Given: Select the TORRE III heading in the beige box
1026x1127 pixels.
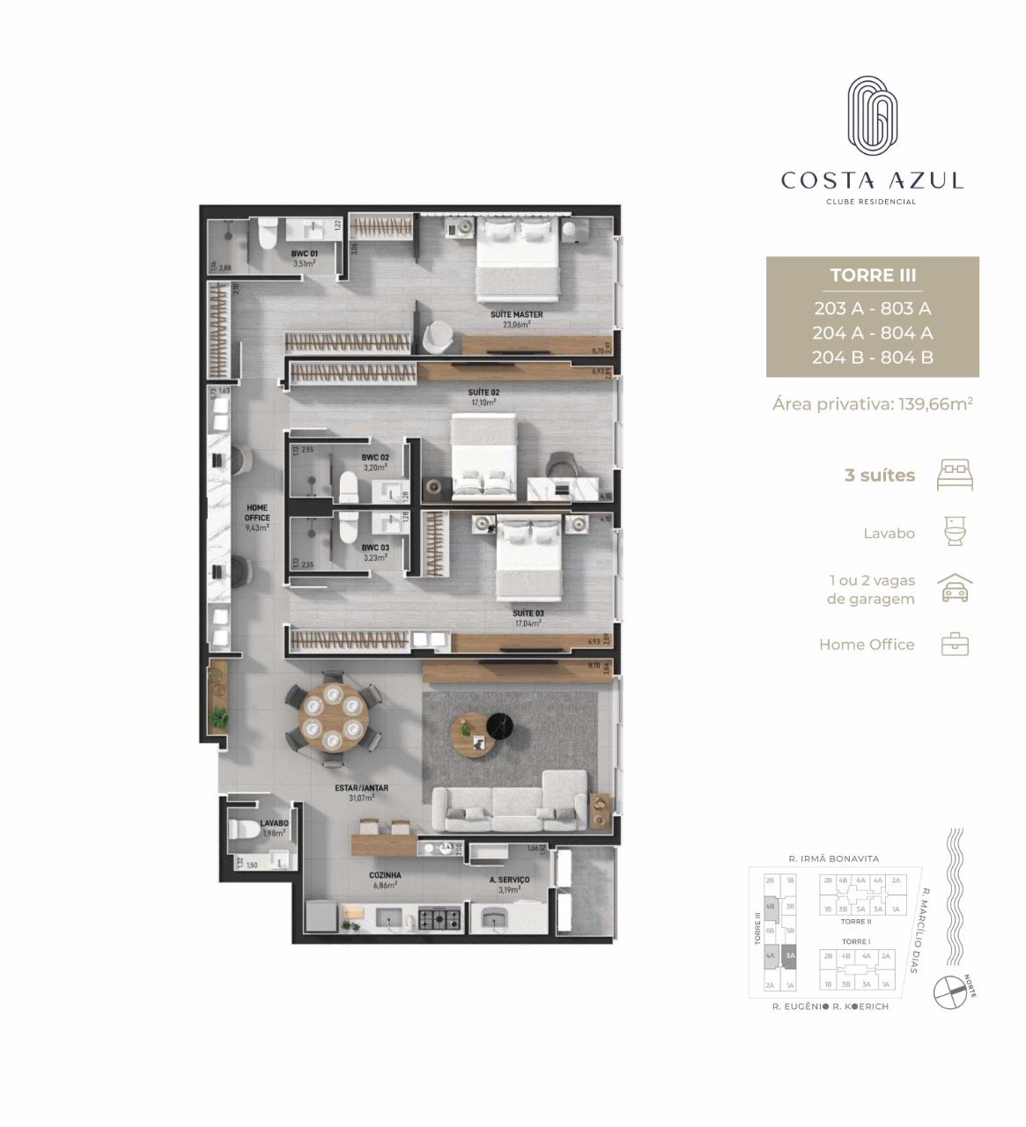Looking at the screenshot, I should (873, 276).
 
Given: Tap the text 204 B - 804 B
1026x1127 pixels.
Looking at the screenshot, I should (873, 357).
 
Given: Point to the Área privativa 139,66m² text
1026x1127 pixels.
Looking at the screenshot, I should (872, 404).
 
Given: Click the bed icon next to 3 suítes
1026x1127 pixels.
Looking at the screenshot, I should (956, 475).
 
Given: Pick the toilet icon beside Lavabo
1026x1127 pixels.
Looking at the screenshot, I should (956, 532).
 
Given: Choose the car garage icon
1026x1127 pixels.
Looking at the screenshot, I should (956, 588).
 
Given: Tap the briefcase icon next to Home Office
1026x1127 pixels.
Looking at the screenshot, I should (956, 645).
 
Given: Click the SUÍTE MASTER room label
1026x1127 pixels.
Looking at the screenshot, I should (516, 314).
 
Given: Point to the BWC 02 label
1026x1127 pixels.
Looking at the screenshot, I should (374, 458).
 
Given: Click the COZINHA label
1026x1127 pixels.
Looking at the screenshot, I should (386, 876).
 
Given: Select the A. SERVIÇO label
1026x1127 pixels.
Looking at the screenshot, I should (509, 880).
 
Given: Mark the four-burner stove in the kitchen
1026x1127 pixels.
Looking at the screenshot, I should (439, 919).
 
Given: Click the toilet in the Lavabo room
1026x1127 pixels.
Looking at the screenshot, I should (245, 829).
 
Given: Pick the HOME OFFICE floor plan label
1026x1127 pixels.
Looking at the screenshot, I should (257, 513).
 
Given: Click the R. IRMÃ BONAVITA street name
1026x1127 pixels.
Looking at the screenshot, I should (833, 858).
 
